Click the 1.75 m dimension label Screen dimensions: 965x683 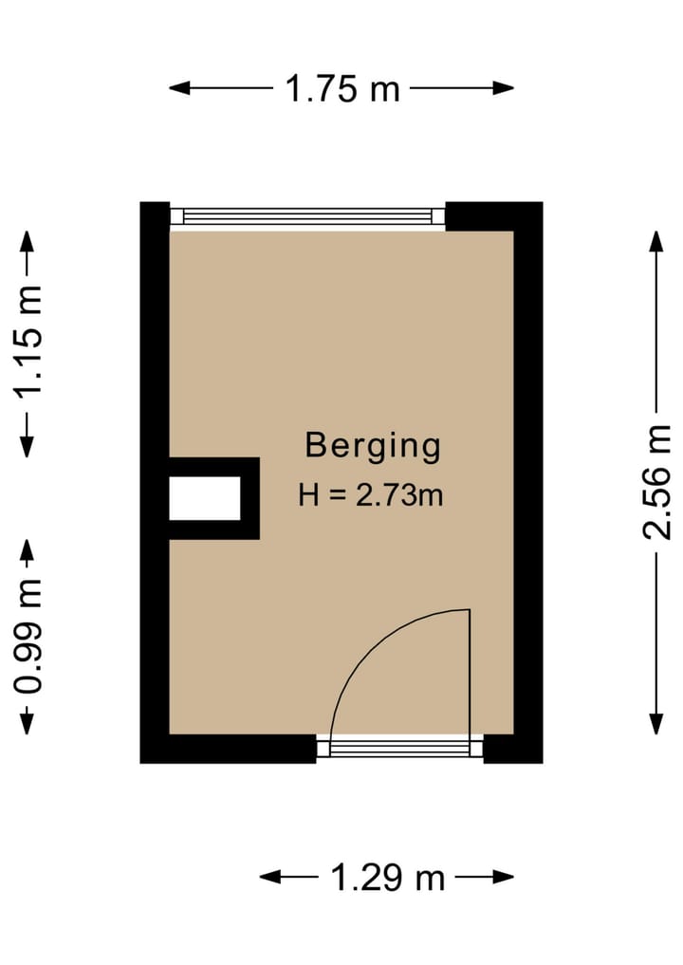(x=342, y=89)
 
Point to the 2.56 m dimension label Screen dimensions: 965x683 (x=656, y=482)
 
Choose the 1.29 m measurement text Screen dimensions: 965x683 (x=387, y=878)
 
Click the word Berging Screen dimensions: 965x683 (x=372, y=445)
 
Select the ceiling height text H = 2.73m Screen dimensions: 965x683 (x=371, y=494)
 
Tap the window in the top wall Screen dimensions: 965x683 (x=307, y=216)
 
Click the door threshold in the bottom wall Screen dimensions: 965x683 (x=399, y=749)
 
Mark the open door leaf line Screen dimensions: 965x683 (x=470, y=674)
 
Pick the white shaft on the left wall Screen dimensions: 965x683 (x=205, y=499)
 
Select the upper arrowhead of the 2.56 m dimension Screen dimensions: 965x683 (x=655, y=237)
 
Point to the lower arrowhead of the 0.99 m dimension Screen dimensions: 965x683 (x=28, y=727)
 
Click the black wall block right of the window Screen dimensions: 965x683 (x=493, y=216)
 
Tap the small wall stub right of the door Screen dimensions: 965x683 (x=512, y=749)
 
